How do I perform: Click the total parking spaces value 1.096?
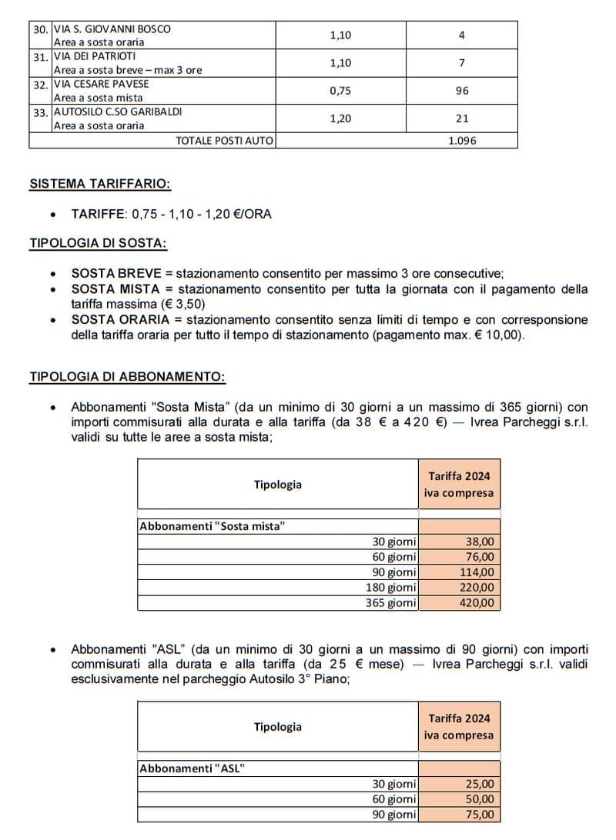(461, 141)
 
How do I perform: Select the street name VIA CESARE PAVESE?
(101, 84)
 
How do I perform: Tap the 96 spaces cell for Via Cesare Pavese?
(461, 91)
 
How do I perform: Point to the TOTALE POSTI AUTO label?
(224, 141)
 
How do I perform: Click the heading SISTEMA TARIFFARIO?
(100, 185)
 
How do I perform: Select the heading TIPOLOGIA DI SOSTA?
(98, 243)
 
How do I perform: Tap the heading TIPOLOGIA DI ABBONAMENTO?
(127, 377)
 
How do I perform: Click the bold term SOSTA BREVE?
(116, 273)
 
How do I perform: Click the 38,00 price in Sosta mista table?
(480, 542)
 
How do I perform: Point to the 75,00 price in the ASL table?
(480, 815)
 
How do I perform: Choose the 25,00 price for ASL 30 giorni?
(480, 785)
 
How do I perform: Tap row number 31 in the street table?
(40, 57)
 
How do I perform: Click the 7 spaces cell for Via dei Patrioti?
(461, 63)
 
